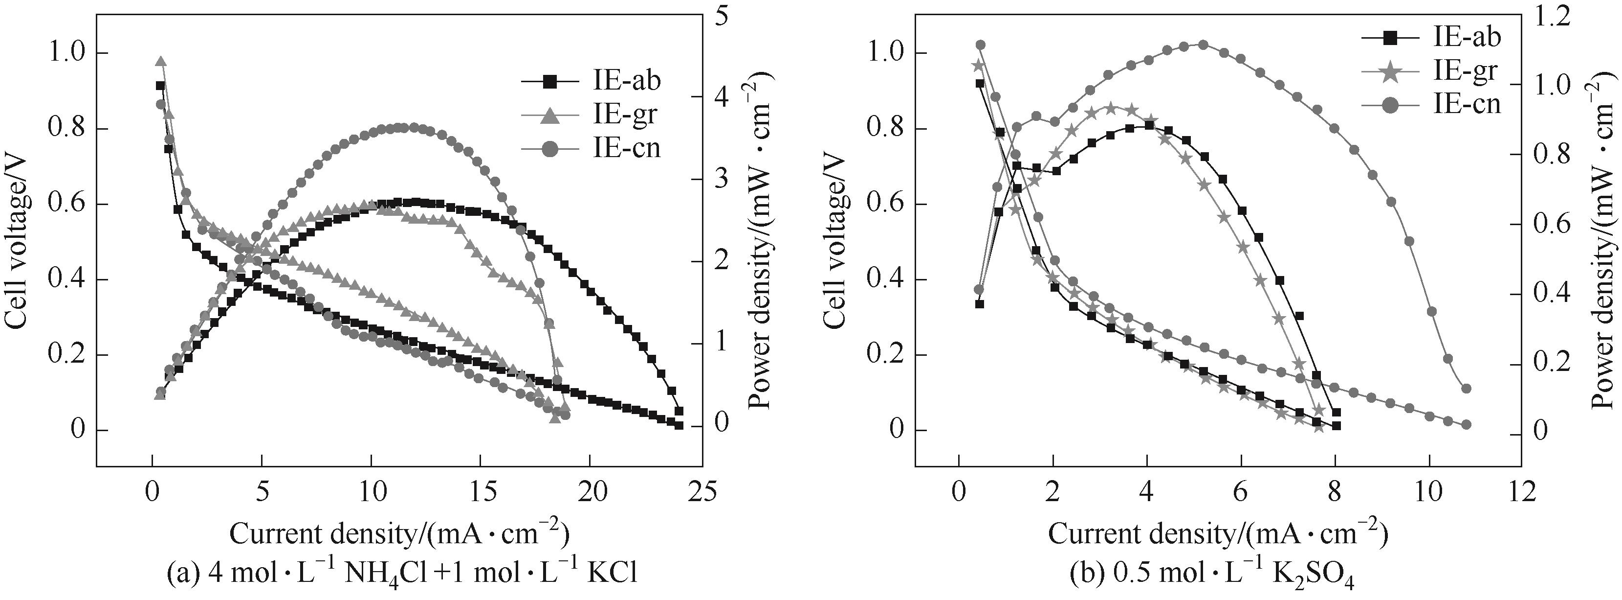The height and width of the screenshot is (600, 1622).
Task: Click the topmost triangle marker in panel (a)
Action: (x=160, y=62)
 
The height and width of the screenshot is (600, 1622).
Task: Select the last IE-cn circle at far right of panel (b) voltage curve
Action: (x=1466, y=425)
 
